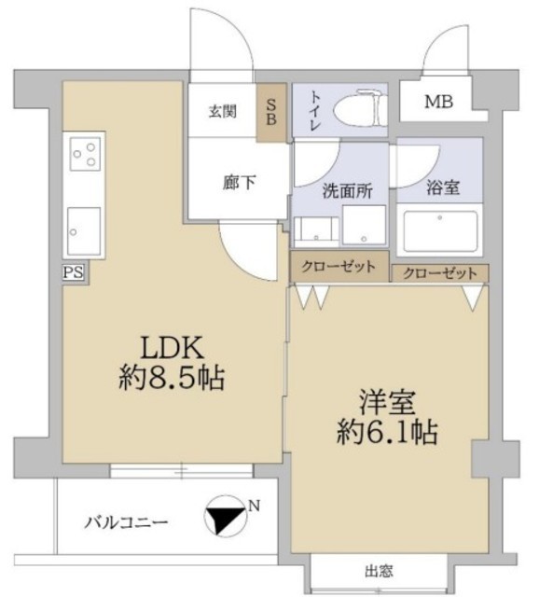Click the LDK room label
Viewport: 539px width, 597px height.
point(173,347)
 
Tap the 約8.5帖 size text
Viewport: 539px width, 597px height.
point(172,378)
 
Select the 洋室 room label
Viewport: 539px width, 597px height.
point(387,403)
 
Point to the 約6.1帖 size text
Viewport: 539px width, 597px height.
point(387,432)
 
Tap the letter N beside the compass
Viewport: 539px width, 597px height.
point(255,506)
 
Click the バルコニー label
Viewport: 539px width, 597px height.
point(126,522)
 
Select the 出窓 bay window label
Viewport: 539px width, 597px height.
point(379,571)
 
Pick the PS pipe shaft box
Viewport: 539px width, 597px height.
point(73,272)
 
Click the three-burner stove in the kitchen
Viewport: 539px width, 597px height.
point(85,154)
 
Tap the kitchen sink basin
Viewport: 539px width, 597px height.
point(84,231)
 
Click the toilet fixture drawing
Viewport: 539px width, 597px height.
point(361,108)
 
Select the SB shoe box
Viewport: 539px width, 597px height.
point(271,112)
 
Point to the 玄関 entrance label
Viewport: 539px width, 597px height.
point(223,112)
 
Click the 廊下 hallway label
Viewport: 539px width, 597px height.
point(240,183)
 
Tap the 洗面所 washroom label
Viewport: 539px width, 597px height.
point(348,190)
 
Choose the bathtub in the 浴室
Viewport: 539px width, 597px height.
point(440,231)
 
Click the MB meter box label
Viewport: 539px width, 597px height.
point(439,102)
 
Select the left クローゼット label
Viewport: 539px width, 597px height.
point(339,267)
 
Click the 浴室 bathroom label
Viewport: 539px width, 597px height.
point(443,187)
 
